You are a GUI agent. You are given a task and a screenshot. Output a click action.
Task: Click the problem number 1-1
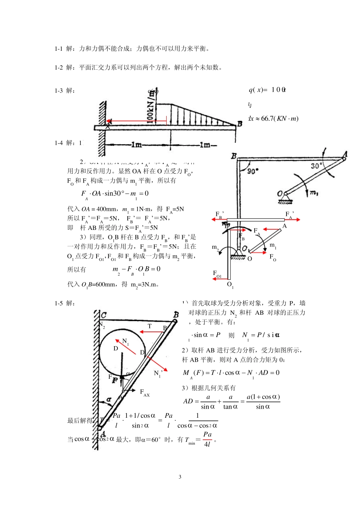coord(58,49)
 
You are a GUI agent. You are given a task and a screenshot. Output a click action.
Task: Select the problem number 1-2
coord(58,68)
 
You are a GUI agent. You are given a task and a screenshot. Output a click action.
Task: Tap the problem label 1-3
coord(58,91)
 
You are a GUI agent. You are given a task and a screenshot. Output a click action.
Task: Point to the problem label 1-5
coord(58,303)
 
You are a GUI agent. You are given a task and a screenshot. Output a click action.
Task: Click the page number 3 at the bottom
coord(180,477)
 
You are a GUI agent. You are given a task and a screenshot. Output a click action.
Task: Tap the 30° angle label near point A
coord(316,166)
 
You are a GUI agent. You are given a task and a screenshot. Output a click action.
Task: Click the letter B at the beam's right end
coord(239,124)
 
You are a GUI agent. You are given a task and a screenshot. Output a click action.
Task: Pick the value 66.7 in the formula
coord(267,119)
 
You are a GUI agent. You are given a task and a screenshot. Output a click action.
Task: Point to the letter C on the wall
coord(103,315)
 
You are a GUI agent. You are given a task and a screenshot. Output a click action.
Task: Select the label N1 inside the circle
coord(125,342)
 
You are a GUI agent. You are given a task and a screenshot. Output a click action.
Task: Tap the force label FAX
coord(144,393)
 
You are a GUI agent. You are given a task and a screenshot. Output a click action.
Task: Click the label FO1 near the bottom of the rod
coord(217,274)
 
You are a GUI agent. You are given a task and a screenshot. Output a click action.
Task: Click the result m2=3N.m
coord(144,285)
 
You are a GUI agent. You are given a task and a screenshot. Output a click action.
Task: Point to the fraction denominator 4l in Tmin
coord(207,444)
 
